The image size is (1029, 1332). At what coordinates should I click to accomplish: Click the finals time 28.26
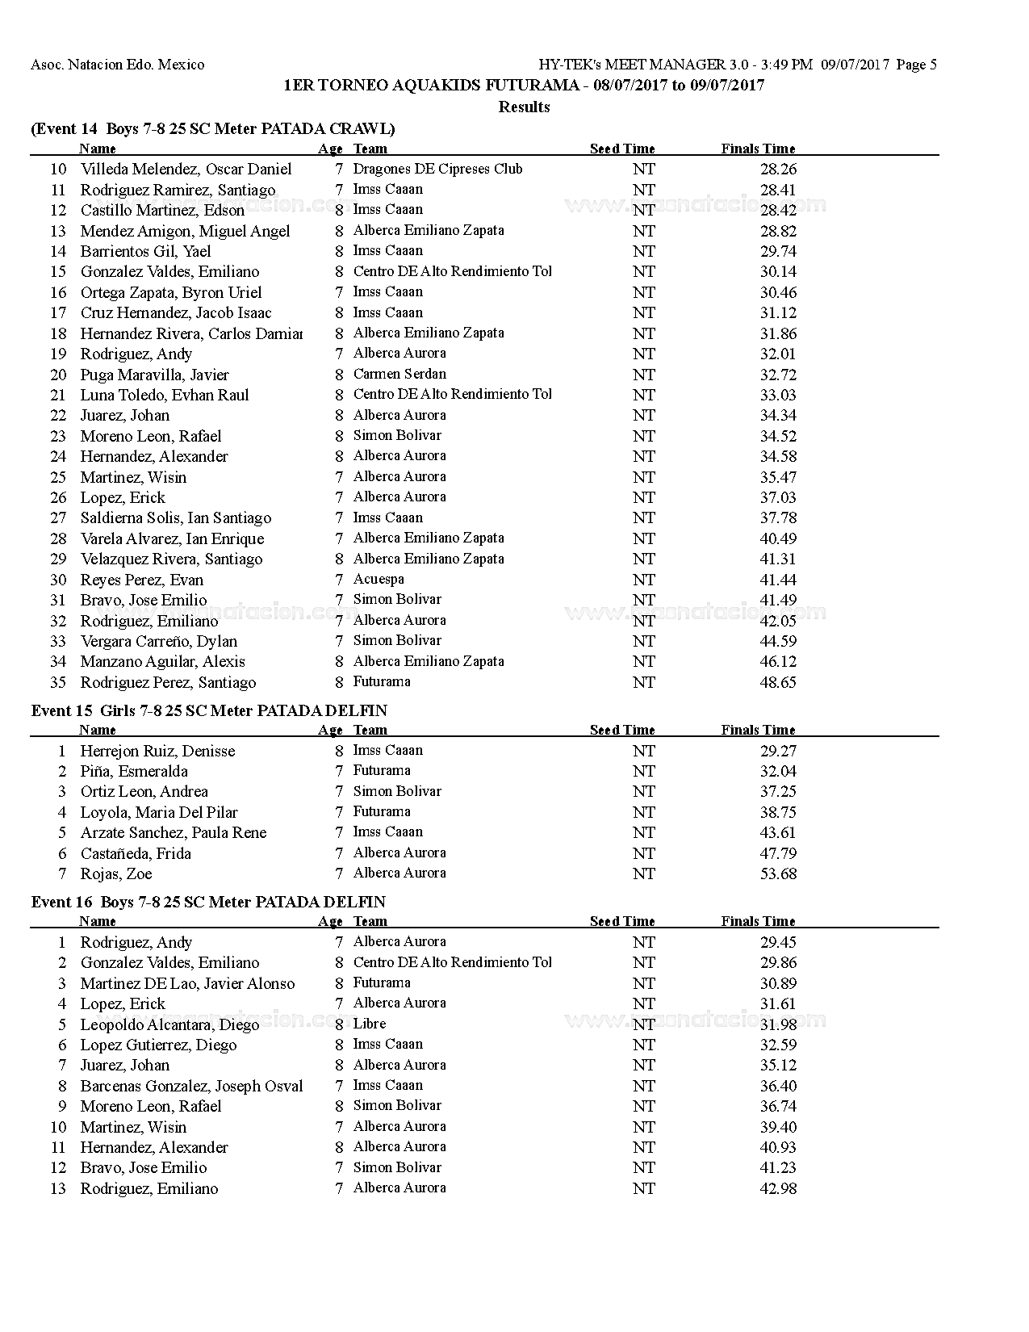[777, 170]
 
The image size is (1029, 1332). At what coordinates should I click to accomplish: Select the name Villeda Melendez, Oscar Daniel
[186, 170]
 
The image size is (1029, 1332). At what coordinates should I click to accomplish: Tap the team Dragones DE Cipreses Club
[437, 169]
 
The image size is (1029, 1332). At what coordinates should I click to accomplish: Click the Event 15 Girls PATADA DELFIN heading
[209, 711]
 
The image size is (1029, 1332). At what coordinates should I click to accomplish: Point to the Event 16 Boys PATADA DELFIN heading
[208, 903]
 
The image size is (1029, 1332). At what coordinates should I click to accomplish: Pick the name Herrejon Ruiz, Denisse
[157, 751]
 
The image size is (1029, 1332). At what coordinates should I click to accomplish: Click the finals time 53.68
[777, 874]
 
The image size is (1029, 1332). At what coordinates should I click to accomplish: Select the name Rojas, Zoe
[115, 874]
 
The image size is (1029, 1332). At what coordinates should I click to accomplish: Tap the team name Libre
[370, 1024]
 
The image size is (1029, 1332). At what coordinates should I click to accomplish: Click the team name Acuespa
[379, 580]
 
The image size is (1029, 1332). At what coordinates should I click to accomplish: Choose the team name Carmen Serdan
[399, 375]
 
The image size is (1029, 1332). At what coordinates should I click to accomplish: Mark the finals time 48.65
[777, 682]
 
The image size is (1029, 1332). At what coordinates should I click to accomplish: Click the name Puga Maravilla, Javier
[154, 375]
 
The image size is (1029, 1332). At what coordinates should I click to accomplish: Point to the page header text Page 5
[916, 65]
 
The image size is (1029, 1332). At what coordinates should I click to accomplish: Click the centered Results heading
[524, 107]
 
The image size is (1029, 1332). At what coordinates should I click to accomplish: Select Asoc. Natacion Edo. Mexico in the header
[118, 65]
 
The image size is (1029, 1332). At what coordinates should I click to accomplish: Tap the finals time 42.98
[777, 1189]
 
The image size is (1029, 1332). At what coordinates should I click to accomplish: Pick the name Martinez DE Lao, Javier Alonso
[187, 984]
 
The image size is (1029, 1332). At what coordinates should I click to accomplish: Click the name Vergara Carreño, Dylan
[158, 642]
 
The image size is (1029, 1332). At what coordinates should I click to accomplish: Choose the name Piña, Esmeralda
[134, 772]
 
